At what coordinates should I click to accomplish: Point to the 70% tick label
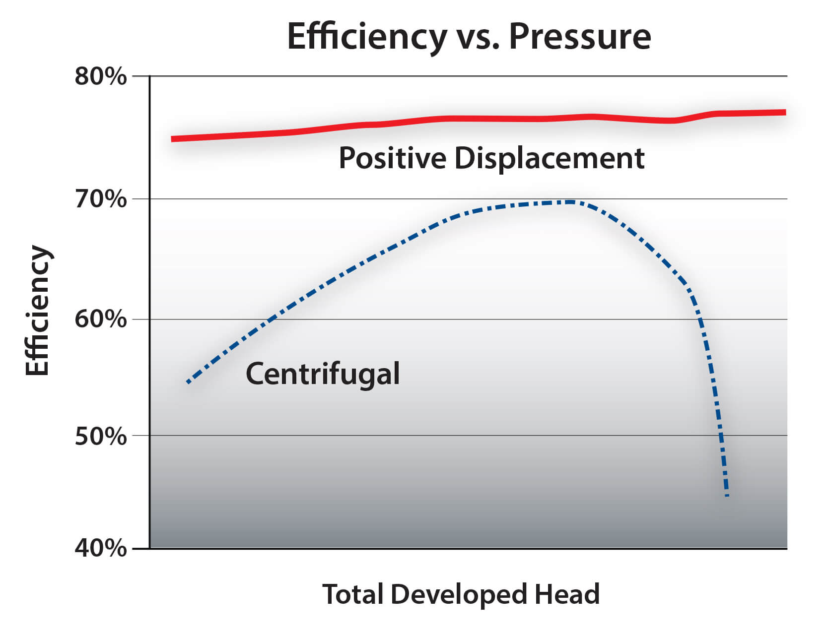click(x=101, y=199)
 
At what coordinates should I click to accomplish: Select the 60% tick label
click(x=101, y=319)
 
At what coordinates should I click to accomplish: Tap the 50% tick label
click(x=101, y=436)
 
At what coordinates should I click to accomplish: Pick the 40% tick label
click(x=101, y=548)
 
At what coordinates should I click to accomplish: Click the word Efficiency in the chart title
click(x=367, y=37)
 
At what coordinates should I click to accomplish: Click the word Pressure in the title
click(x=580, y=37)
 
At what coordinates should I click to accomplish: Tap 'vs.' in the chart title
click(x=478, y=38)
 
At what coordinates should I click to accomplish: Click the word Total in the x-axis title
click(x=353, y=594)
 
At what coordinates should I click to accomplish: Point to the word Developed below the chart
click(x=458, y=594)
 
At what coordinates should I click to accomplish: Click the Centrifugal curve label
click(x=323, y=374)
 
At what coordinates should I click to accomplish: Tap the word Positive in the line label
click(x=392, y=158)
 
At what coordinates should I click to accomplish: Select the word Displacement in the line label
click(x=549, y=158)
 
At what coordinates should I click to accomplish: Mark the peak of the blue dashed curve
click(x=571, y=202)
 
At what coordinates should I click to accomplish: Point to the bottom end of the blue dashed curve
click(x=727, y=495)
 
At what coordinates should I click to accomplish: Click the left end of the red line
click(x=173, y=139)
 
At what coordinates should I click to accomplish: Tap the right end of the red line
click(x=784, y=112)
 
